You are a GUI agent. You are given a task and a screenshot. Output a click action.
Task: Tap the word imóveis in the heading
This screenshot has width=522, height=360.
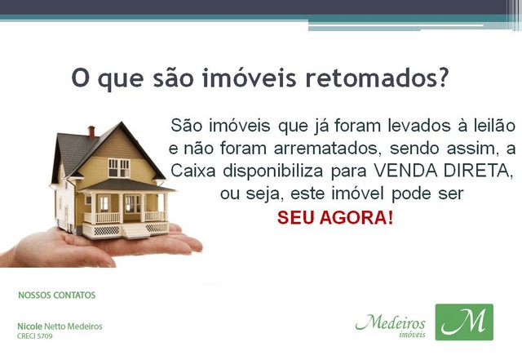(249, 78)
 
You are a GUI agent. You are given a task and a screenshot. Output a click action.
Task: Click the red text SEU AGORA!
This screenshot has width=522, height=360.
(335, 218)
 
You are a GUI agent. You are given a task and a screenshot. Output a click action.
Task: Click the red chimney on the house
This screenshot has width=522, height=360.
(91, 132)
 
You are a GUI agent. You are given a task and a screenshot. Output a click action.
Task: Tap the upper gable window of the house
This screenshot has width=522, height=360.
(118, 167)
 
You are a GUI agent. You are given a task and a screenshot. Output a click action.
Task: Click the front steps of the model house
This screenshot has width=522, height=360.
(135, 230)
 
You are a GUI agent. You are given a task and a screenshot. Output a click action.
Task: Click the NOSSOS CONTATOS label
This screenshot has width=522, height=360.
(57, 296)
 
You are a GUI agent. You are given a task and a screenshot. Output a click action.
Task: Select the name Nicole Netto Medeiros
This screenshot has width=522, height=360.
(60, 327)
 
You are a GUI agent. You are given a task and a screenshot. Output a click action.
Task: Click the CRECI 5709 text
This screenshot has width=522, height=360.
(35, 336)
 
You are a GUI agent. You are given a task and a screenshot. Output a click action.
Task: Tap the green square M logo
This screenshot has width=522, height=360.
(464, 322)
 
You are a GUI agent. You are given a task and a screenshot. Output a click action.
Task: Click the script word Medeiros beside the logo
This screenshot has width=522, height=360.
(391, 322)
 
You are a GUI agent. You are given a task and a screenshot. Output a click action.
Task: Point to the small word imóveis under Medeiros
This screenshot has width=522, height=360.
(412, 334)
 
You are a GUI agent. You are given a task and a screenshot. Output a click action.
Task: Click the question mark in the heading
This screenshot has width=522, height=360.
(442, 78)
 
